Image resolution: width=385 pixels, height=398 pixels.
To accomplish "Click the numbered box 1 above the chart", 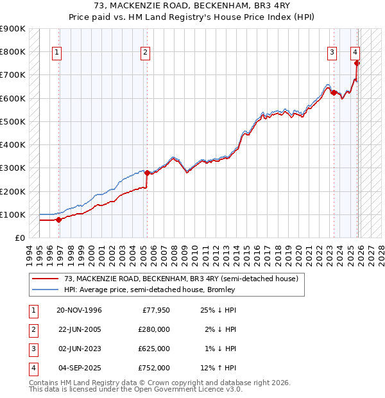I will pyautogui.click(x=58, y=53).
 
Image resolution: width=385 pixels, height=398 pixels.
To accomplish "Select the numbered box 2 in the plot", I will pyautogui.click(x=146, y=53).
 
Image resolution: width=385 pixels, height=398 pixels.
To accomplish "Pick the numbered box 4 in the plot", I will pyautogui.click(x=355, y=53).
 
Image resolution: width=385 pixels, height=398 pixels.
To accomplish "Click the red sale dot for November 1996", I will pyautogui.click(x=58, y=220).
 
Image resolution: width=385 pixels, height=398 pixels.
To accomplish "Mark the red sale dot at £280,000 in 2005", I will pyautogui.click(x=147, y=173).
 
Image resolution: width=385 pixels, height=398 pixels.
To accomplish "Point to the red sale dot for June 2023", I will pyautogui.click(x=334, y=92).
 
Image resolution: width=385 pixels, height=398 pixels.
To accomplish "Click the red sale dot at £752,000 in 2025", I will pyautogui.click(x=357, y=63).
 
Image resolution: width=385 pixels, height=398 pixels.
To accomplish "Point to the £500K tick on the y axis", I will pyautogui.click(x=13, y=121).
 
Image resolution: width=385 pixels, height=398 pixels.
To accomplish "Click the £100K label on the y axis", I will pyautogui.click(x=13, y=214).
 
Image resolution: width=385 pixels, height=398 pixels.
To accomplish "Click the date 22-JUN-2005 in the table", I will pyautogui.click(x=79, y=329).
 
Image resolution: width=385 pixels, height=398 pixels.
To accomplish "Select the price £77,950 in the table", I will pyautogui.click(x=155, y=310).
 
